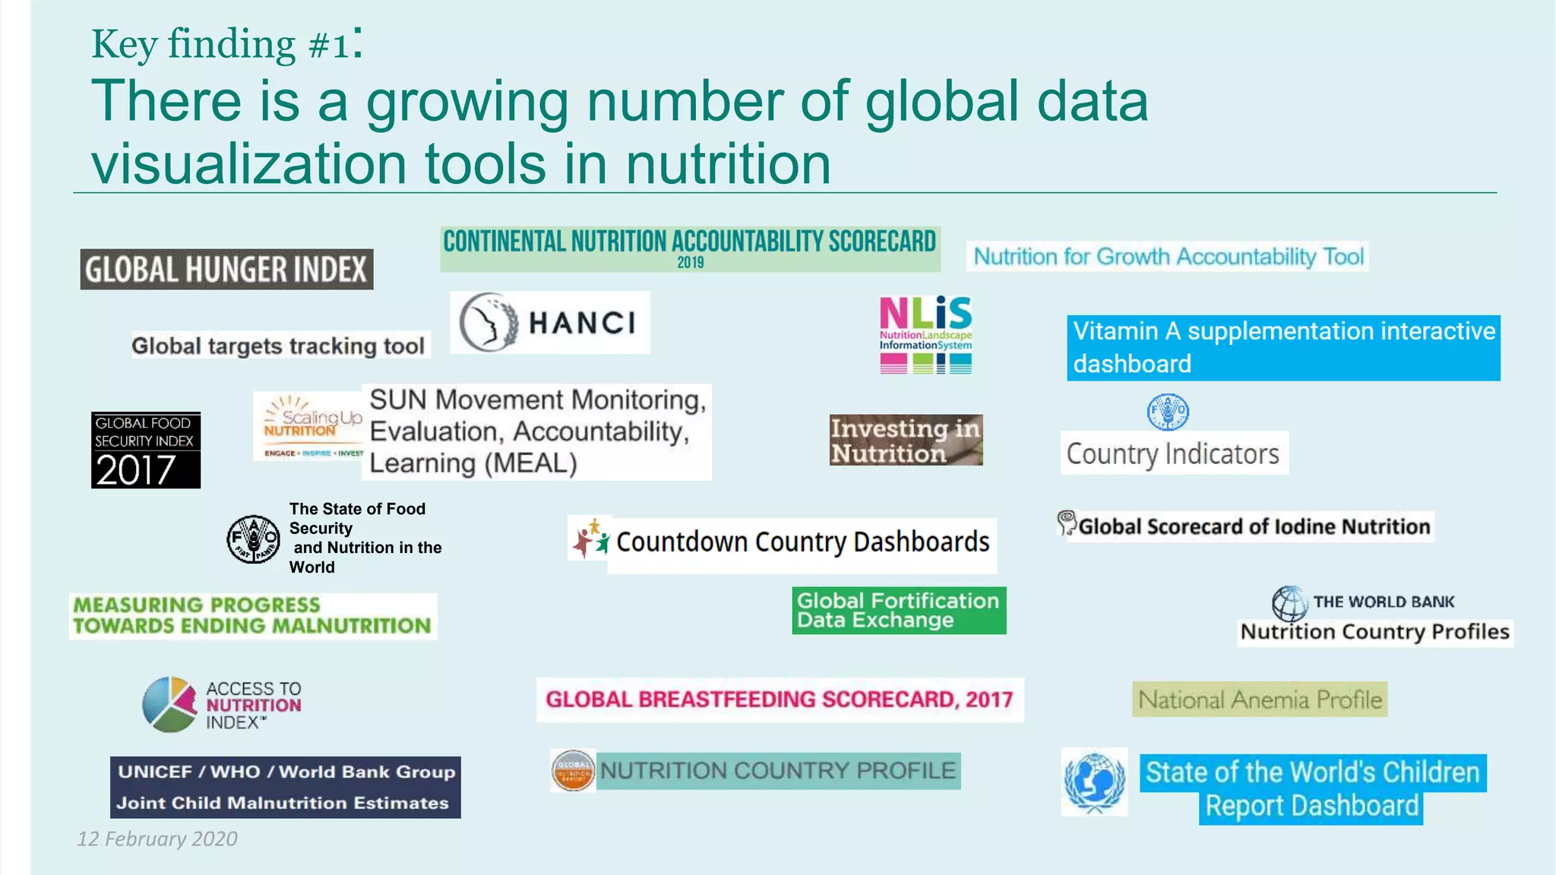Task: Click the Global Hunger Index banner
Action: pyautogui.click(x=226, y=269)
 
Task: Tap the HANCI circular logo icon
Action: pyautogui.click(x=489, y=322)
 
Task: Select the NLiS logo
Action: pyautogui.click(x=925, y=334)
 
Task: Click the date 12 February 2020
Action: pyautogui.click(x=157, y=839)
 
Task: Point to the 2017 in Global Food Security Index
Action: pyautogui.click(x=136, y=469)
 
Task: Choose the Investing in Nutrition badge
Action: pyautogui.click(x=906, y=440)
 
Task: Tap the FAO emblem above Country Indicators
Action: pyautogui.click(x=1167, y=412)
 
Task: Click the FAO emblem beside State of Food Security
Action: pyautogui.click(x=254, y=539)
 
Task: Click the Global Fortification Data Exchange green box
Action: pyautogui.click(x=899, y=610)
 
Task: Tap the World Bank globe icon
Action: pyautogui.click(x=1289, y=604)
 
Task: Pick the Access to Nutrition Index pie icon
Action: pyautogui.click(x=169, y=704)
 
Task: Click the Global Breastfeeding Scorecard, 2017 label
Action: pyautogui.click(x=780, y=700)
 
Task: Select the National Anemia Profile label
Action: pyautogui.click(x=1260, y=700)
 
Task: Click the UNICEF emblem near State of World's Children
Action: pyautogui.click(x=1094, y=782)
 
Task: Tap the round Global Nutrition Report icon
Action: pyautogui.click(x=573, y=771)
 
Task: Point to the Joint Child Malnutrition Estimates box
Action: pyautogui.click(x=285, y=788)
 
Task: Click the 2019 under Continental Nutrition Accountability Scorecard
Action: pyautogui.click(x=691, y=263)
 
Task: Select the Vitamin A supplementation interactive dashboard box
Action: pyautogui.click(x=1283, y=347)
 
